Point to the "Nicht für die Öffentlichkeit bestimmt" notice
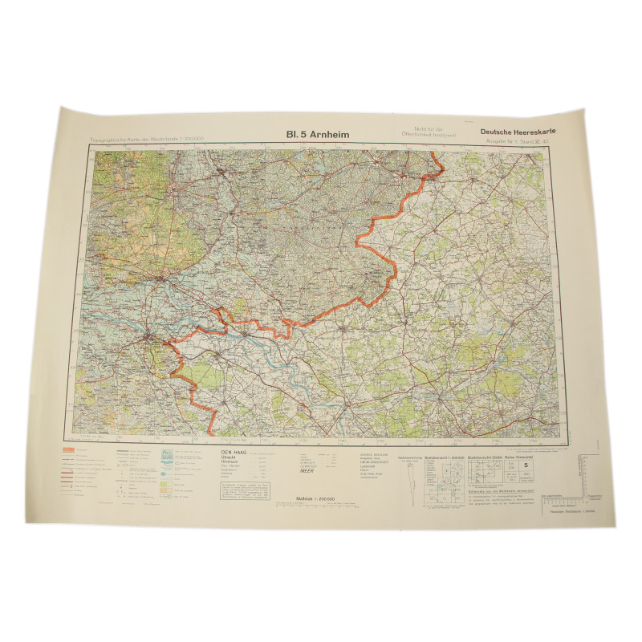[x=425, y=132]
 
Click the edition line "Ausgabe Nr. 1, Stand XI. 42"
[x=514, y=143]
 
